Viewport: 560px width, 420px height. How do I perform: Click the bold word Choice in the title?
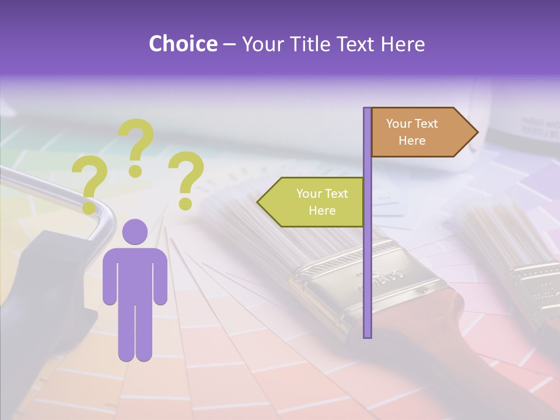tap(183, 44)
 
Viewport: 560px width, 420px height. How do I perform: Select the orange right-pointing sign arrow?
tap(420, 132)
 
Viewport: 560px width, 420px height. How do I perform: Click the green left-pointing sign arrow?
tap(312, 202)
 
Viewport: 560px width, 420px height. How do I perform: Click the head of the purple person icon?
tap(135, 232)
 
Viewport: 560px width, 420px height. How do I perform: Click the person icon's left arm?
tap(110, 280)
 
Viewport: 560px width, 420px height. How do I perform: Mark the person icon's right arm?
tap(160, 280)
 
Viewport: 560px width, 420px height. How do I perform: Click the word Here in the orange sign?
tap(412, 141)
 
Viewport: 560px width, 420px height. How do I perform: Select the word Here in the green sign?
tap(322, 211)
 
